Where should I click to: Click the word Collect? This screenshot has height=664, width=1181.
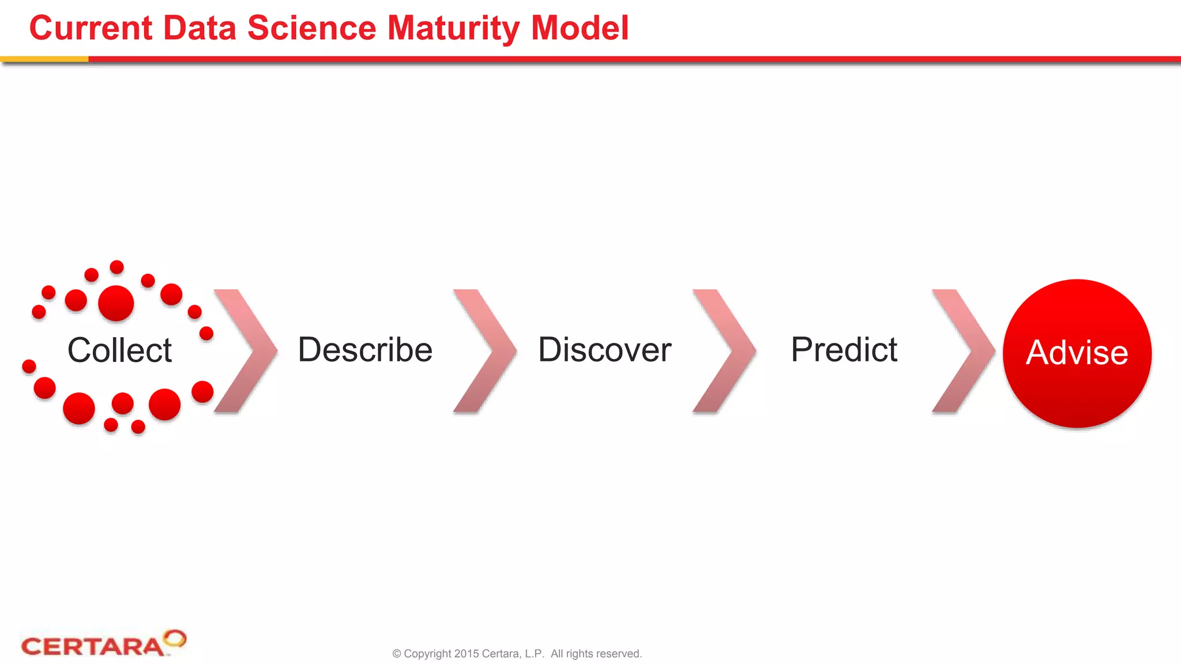[119, 350]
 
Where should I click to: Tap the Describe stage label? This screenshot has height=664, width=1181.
[365, 350]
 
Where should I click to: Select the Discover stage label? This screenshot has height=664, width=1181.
[604, 350]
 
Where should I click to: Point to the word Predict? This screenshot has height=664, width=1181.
[844, 350]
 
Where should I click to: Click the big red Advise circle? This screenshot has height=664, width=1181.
[1077, 353]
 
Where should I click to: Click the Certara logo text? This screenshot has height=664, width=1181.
[92, 647]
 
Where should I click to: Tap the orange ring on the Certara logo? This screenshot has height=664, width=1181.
[175, 638]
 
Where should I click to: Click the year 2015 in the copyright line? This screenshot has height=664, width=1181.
[466, 654]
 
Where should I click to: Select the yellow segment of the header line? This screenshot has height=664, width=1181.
[44, 59]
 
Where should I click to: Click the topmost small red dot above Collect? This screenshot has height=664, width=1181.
[116, 267]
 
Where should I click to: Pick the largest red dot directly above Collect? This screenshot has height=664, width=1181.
[116, 303]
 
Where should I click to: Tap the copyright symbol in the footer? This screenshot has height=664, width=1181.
[397, 654]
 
